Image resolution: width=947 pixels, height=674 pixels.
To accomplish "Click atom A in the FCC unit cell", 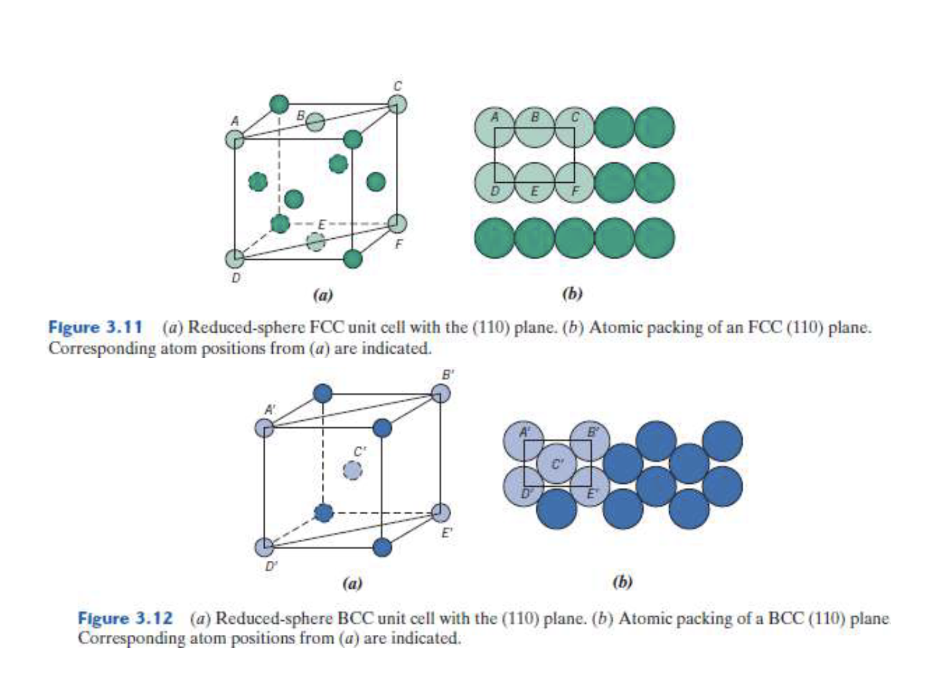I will click(x=235, y=139).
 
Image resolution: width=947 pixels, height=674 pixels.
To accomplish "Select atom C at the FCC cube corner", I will click(x=397, y=104).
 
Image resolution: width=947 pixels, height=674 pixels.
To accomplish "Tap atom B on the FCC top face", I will click(x=316, y=122).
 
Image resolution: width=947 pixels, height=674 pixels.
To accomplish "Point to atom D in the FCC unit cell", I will click(x=235, y=258).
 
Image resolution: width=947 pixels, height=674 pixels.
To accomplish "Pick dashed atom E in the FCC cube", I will click(x=316, y=241).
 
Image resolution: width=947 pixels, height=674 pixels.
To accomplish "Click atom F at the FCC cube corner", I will click(x=397, y=223).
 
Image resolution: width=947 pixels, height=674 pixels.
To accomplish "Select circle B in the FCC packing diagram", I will click(x=534, y=127).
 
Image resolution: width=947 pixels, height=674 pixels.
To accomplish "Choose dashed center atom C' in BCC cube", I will click(x=352, y=471).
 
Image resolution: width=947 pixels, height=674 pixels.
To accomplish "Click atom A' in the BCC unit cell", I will click(x=264, y=428).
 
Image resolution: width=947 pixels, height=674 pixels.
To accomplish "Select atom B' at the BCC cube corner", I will click(x=441, y=394).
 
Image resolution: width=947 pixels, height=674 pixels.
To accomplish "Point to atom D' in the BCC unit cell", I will click(x=264, y=547).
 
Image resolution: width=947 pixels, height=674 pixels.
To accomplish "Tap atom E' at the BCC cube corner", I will click(x=441, y=513).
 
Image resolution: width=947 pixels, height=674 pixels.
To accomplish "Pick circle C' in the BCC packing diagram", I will click(x=557, y=463).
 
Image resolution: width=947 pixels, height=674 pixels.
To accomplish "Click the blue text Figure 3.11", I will click(x=95, y=327).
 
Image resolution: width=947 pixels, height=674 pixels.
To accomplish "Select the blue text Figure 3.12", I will click(x=125, y=618).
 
